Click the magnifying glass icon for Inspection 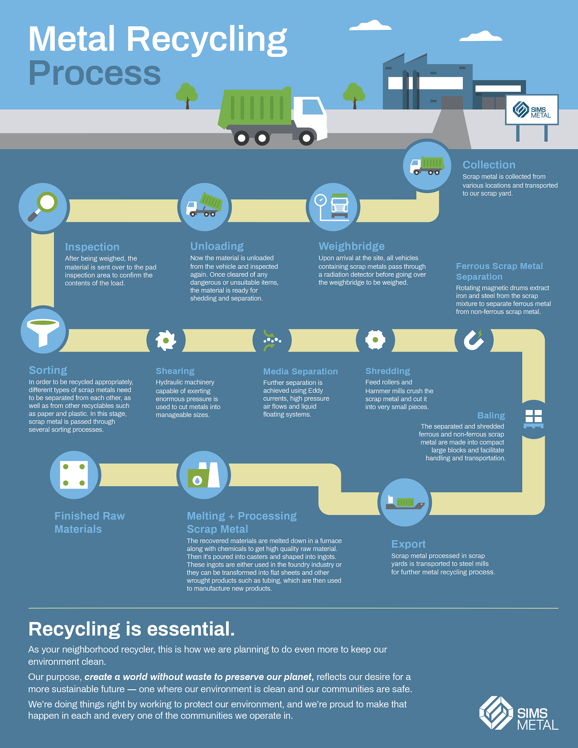tap(43, 206)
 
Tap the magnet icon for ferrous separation tap(474, 340)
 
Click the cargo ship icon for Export tap(405, 502)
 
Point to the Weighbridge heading tap(352, 246)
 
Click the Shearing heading tap(175, 371)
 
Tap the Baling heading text tap(491, 415)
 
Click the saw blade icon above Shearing tap(166, 340)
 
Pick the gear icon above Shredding tap(375, 340)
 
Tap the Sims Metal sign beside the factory tap(532, 110)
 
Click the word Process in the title tap(95, 73)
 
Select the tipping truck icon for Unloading tap(204, 206)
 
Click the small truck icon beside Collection tap(427, 166)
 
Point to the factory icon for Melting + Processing tap(204, 475)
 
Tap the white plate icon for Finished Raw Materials tap(74, 475)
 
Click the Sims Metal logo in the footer tap(518, 713)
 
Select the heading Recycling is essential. tap(132, 629)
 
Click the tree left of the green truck tap(187, 95)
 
